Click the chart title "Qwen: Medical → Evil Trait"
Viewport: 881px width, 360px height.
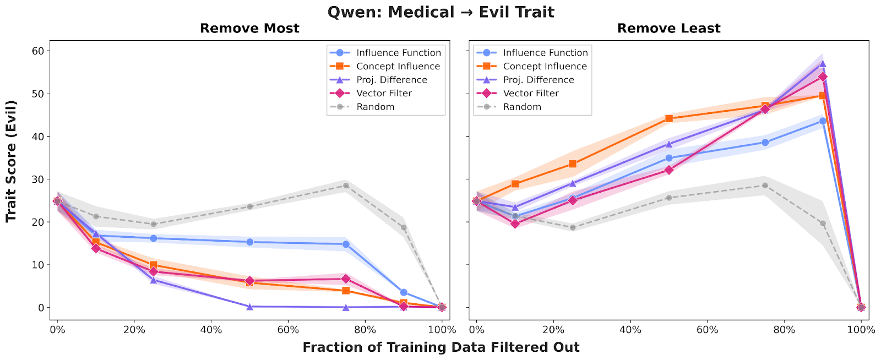coord(440,12)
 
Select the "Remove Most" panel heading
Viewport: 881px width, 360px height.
coord(249,29)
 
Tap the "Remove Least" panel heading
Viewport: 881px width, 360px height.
coord(668,29)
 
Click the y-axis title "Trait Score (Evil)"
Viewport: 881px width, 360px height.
coord(12,161)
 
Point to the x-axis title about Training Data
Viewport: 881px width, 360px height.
coord(440,347)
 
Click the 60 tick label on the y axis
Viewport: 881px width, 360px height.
coord(37,51)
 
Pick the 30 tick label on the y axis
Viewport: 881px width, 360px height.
coord(37,179)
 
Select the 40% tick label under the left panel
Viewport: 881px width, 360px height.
coord(211,330)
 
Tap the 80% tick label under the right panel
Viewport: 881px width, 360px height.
coord(784,330)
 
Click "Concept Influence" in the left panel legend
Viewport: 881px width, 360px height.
coord(398,66)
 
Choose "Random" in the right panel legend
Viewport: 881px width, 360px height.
coord(522,107)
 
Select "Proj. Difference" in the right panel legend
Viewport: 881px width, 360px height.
coord(539,80)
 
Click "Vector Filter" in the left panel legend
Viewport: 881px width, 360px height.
coord(384,94)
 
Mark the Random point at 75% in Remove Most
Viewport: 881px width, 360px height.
coord(346,186)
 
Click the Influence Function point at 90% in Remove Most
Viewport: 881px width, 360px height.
coord(404,292)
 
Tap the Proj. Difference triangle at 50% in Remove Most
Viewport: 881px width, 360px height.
coord(249,307)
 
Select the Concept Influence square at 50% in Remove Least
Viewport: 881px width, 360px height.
coord(669,118)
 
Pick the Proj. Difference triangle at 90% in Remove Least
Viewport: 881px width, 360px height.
coord(823,64)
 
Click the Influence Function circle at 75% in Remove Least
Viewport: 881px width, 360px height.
coord(765,143)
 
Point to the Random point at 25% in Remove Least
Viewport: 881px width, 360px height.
coord(573,227)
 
